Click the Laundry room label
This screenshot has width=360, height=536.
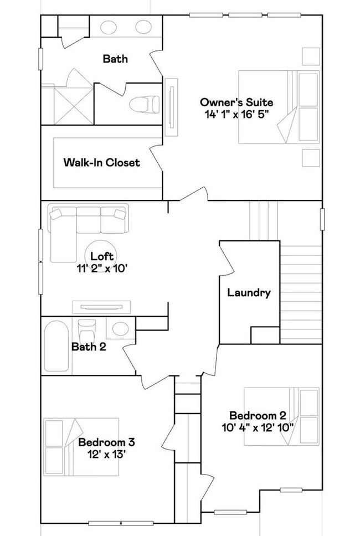pos(249,292)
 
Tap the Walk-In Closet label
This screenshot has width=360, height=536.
pos(101,162)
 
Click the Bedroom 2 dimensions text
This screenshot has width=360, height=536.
pos(258,427)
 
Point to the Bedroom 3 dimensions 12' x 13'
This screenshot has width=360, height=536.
pos(107,454)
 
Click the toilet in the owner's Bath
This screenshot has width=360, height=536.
pos(145,104)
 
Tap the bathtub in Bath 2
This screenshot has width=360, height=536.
pos(56,346)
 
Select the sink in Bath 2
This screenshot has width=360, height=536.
pos(120,328)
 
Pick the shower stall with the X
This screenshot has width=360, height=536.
pos(74,106)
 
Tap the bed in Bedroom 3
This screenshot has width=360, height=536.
pos(81,446)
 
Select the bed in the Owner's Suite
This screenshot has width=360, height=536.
pos(279,107)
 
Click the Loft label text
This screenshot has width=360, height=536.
pos(101,256)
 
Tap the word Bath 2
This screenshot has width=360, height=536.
pos(89,347)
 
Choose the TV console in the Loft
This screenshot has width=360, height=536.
pos(101,307)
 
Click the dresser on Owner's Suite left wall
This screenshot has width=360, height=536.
pos(171,107)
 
